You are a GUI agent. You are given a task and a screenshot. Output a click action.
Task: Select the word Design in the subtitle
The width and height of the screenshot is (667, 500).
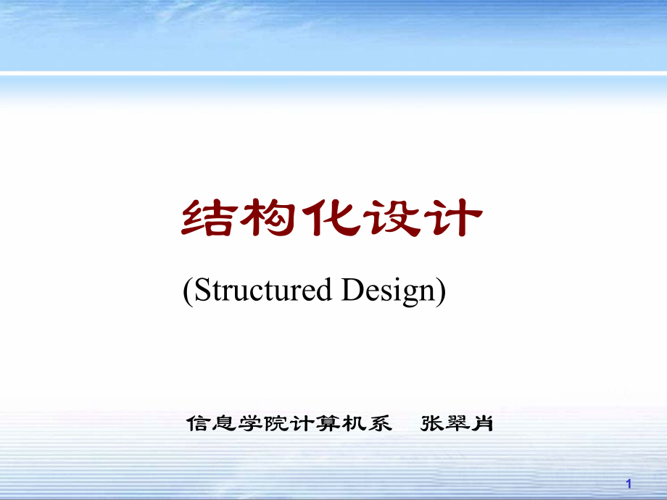point(388,291)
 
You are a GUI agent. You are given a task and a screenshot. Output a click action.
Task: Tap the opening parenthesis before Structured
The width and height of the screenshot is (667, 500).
point(187,291)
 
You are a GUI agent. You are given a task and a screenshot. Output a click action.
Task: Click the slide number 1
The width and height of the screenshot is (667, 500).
point(629,483)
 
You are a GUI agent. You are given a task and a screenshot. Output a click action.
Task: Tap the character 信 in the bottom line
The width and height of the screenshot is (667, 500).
point(197,423)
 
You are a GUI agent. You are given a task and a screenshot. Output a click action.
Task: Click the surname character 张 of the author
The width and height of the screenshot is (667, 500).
point(432,423)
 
